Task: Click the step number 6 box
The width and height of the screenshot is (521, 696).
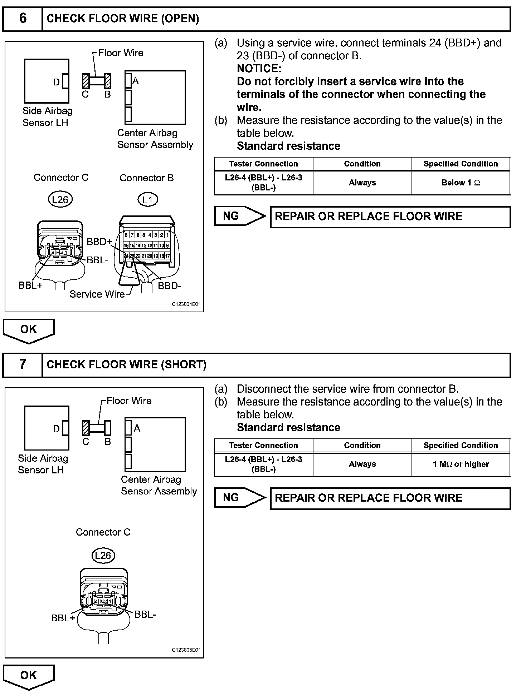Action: click(23, 19)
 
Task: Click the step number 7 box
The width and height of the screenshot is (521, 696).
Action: click(23, 364)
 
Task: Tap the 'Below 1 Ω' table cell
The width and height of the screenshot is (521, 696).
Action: click(461, 183)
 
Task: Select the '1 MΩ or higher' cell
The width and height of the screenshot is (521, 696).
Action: click(461, 464)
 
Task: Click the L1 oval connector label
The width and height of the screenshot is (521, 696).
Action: click(147, 200)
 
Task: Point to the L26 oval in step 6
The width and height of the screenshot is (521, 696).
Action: click(60, 199)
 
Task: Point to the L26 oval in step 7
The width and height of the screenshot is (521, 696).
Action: click(103, 556)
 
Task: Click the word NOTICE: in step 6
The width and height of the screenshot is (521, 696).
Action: click(259, 69)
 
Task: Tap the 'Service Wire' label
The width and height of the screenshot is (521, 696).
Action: click(97, 294)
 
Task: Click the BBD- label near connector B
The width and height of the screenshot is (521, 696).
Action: click(169, 286)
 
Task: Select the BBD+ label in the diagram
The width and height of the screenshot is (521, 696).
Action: click(99, 242)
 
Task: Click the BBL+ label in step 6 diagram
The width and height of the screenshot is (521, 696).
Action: click(30, 285)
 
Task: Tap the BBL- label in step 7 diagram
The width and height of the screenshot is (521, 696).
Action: click(145, 615)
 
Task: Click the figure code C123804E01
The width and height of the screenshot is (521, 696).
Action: click(186, 304)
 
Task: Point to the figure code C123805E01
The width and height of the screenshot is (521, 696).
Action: click(186, 650)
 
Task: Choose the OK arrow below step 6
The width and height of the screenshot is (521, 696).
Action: click(29, 330)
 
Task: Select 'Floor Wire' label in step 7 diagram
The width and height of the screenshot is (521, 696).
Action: click(129, 401)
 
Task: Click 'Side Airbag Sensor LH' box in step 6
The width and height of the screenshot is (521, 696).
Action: click(46, 81)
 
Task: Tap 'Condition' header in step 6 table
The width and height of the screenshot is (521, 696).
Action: click(362, 164)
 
